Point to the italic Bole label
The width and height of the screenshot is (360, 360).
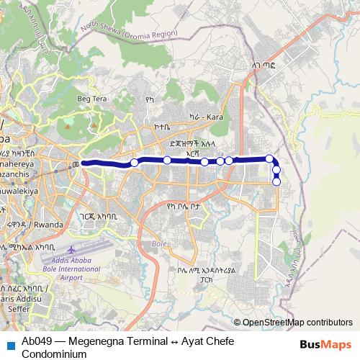158,244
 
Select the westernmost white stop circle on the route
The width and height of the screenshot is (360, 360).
134,163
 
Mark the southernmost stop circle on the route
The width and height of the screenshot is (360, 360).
276,181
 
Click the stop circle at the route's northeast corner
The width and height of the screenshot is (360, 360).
269,158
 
